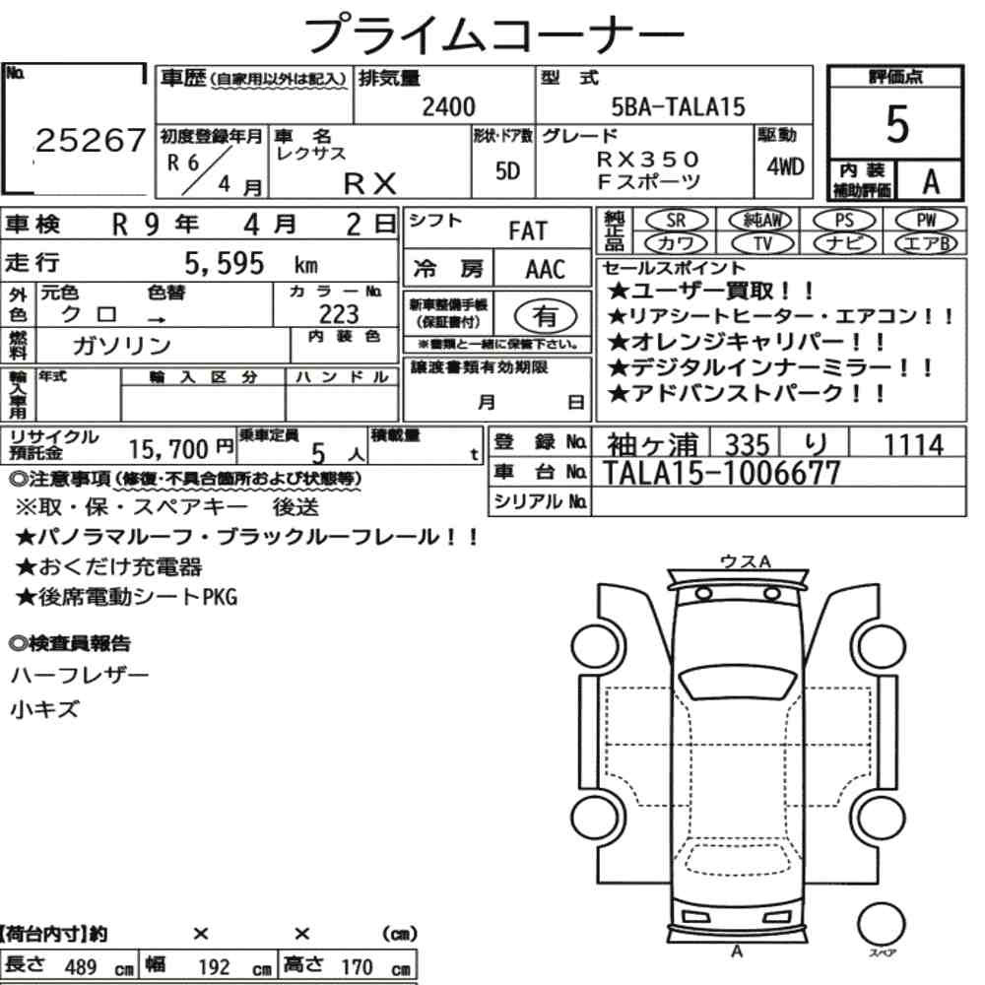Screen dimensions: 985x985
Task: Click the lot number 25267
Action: pos(91,140)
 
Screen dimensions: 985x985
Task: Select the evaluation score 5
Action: pos(897,124)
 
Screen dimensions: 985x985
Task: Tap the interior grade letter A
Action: pos(931,181)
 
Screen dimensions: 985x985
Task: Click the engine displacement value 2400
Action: pos(448,106)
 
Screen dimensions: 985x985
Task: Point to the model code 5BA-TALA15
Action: pos(678,106)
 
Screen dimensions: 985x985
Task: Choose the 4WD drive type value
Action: pos(785,166)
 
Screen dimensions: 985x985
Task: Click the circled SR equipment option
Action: pos(677,221)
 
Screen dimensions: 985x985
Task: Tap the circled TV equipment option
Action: pos(762,243)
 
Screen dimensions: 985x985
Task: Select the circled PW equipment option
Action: pos(926,221)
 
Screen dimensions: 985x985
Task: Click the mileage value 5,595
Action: pos(225,264)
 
